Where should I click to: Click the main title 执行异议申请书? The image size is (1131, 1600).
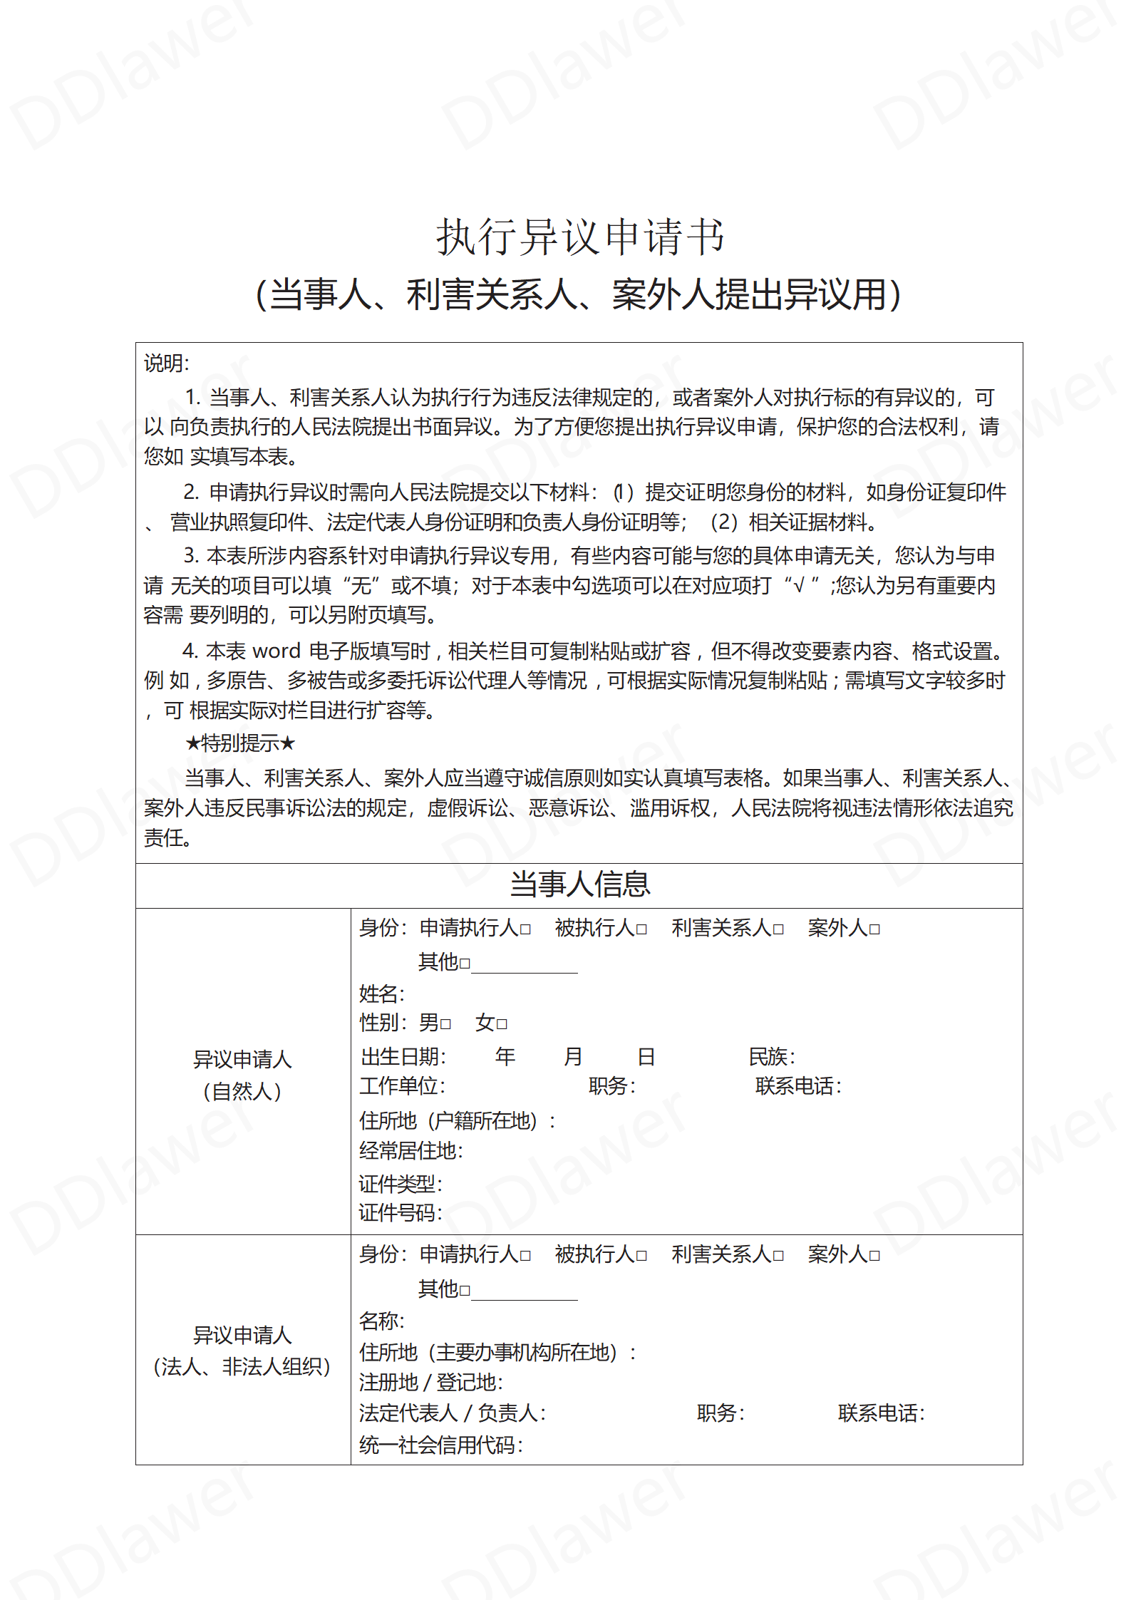tap(580, 237)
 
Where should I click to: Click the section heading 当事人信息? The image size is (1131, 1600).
tap(580, 884)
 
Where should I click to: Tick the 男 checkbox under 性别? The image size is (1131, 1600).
tap(445, 1024)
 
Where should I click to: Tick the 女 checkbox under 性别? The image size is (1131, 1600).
tap(502, 1024)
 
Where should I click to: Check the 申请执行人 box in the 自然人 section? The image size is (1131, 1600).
tap(525, 929)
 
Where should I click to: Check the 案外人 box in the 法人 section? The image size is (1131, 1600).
tap(874, 1256)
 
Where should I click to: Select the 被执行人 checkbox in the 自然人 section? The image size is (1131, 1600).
tap(641, 929)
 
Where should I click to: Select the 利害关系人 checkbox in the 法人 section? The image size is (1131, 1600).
tap(778, 1256)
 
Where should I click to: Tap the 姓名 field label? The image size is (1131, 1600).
tap(381, 993)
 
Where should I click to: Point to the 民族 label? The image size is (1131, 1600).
tap(771, 1056)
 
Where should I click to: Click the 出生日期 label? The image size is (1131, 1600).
tap(403, 1056)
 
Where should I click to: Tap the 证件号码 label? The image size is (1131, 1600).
tap(400, 1212)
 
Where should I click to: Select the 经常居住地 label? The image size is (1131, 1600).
tap(410, 1150)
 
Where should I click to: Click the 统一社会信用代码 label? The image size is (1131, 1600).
tap(440, 1445)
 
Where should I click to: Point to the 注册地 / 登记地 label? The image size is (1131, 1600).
tap(430, 1382)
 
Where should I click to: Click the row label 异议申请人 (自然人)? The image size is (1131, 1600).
tap(242, 1075)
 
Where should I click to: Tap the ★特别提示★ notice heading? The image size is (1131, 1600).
tap(240, 743)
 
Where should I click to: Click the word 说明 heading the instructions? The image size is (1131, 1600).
tap(166, 363)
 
